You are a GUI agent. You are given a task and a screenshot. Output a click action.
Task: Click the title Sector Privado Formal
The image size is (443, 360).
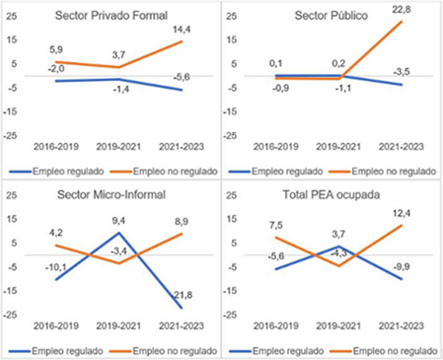click(x=114, y=16)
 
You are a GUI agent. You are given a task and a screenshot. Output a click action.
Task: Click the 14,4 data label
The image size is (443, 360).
click(x=182, y=31)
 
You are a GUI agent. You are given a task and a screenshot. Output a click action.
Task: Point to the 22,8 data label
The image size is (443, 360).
click(x=402, y=10)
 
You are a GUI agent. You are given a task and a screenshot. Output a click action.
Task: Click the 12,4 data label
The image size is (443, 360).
click(x=402, y=213)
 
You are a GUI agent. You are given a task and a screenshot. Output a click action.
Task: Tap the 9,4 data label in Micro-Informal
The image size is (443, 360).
click(x=119, y=221)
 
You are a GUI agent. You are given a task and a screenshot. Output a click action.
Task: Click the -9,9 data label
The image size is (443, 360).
click(x=402, y=265)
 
